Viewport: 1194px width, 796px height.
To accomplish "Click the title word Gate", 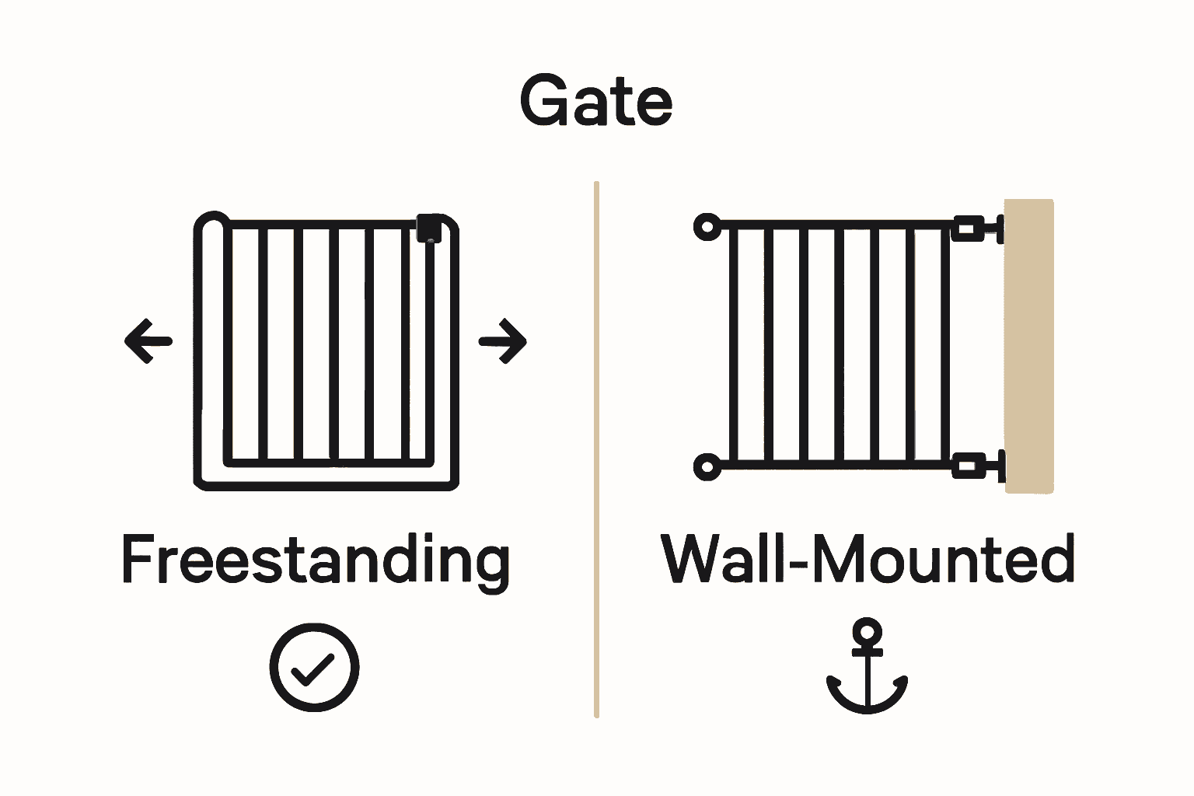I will pos(596,101).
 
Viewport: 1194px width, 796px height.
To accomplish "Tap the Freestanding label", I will pos(315,560).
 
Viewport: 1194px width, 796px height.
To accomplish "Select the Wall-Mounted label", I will pos(868,559).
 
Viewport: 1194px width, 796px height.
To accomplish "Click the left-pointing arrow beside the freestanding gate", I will pos(148,340).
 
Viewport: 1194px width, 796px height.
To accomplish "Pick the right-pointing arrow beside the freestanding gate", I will pos(503,340).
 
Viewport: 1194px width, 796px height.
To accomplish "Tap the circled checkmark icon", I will pos(315,667).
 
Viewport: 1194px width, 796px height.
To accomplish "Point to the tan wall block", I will pos(1029,346).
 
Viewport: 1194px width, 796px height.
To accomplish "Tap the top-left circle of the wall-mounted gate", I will pos(707,227).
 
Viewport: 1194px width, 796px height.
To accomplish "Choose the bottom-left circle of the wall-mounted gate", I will pos(707,467).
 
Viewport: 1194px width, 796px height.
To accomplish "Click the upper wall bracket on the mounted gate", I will pos(976,229).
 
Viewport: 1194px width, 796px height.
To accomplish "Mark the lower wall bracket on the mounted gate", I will pos(976,467).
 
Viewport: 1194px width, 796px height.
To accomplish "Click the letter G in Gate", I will pos(543,101).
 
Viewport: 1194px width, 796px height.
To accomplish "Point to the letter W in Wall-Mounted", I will pos(696,559).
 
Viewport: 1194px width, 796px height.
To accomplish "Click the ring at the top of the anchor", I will pos(867,632).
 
